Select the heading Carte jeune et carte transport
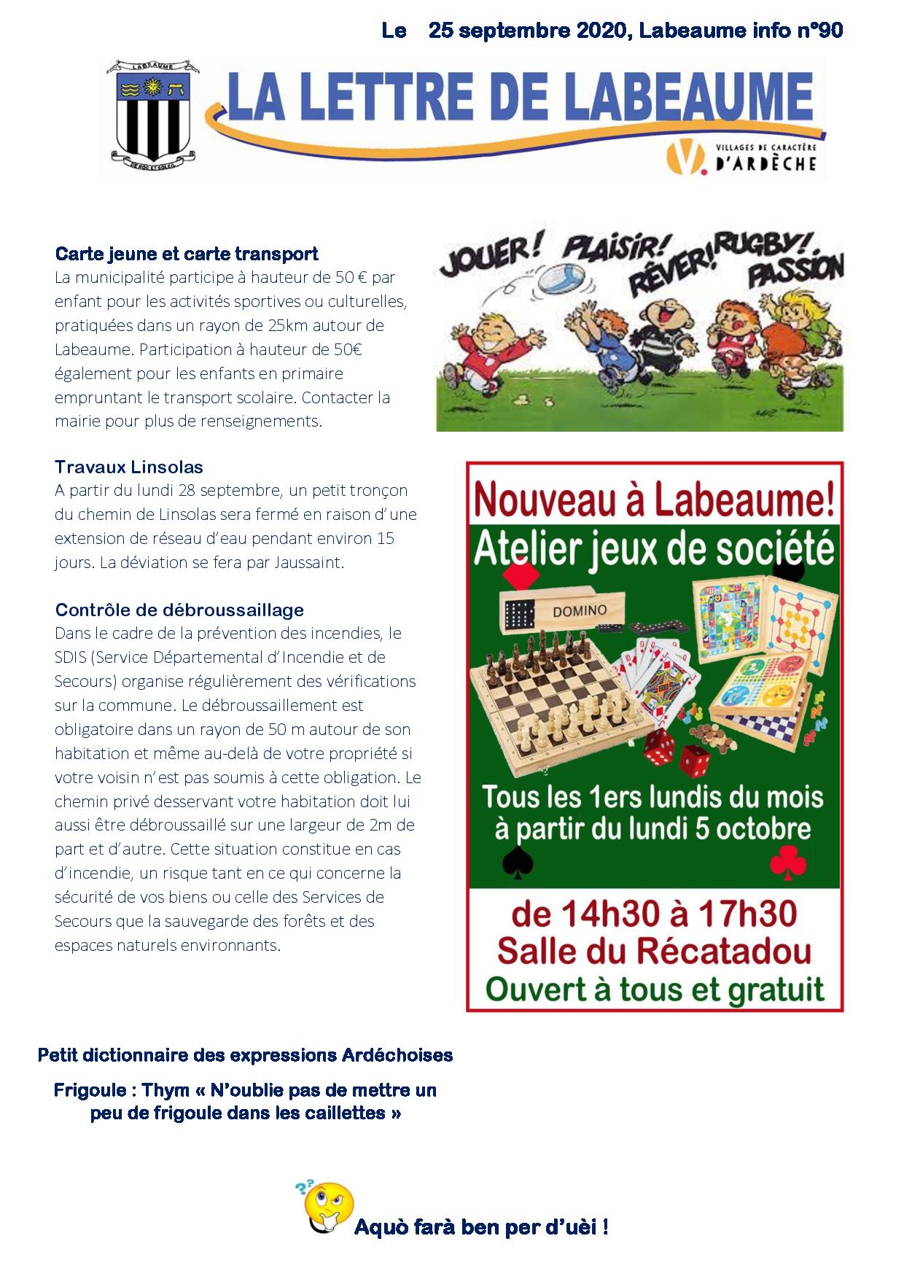pyautogui.click(x=187, y=254)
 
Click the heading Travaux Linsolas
pyautogui.click(x=129, y=467)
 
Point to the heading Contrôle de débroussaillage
pyautogui.click(x=179, y=610)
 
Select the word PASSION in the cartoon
pyautogui.click(x=796, y=271)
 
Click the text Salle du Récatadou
pyautogui.click(x=654, y=951)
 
